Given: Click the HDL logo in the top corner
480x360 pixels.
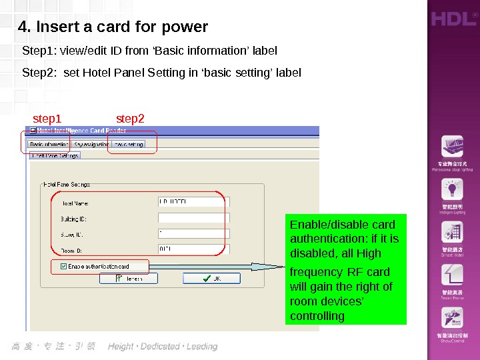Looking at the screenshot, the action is [x=455, y=19].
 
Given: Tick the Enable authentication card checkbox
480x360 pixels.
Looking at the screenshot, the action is [x=64, y=267].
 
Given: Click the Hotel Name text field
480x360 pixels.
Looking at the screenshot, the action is [x=193, y=201].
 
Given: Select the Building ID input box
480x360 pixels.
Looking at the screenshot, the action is [x=193, y=218].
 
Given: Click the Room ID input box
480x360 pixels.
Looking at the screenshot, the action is [x=193, y=249].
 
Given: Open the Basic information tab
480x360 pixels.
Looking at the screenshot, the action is [x=49, y=144].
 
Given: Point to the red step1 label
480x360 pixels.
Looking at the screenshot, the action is [x=47, y=119].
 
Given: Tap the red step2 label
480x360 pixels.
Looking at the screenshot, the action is [x=130, y=119].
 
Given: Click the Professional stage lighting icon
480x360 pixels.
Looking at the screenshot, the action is [x=451, y=147].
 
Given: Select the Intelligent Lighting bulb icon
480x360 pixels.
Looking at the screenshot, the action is [x=451, y=189].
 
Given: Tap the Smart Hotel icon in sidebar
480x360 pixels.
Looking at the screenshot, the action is [x=451, y=233].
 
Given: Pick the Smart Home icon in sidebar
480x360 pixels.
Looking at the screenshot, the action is [x=451, y=275].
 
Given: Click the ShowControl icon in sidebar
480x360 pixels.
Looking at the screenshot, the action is [x=451, y=317].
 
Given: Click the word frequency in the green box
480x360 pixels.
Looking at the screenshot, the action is [x=316, y=272].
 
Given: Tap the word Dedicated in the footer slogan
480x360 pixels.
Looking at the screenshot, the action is [x=160, y=347].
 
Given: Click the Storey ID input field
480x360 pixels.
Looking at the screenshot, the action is [x=193, y=233].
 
